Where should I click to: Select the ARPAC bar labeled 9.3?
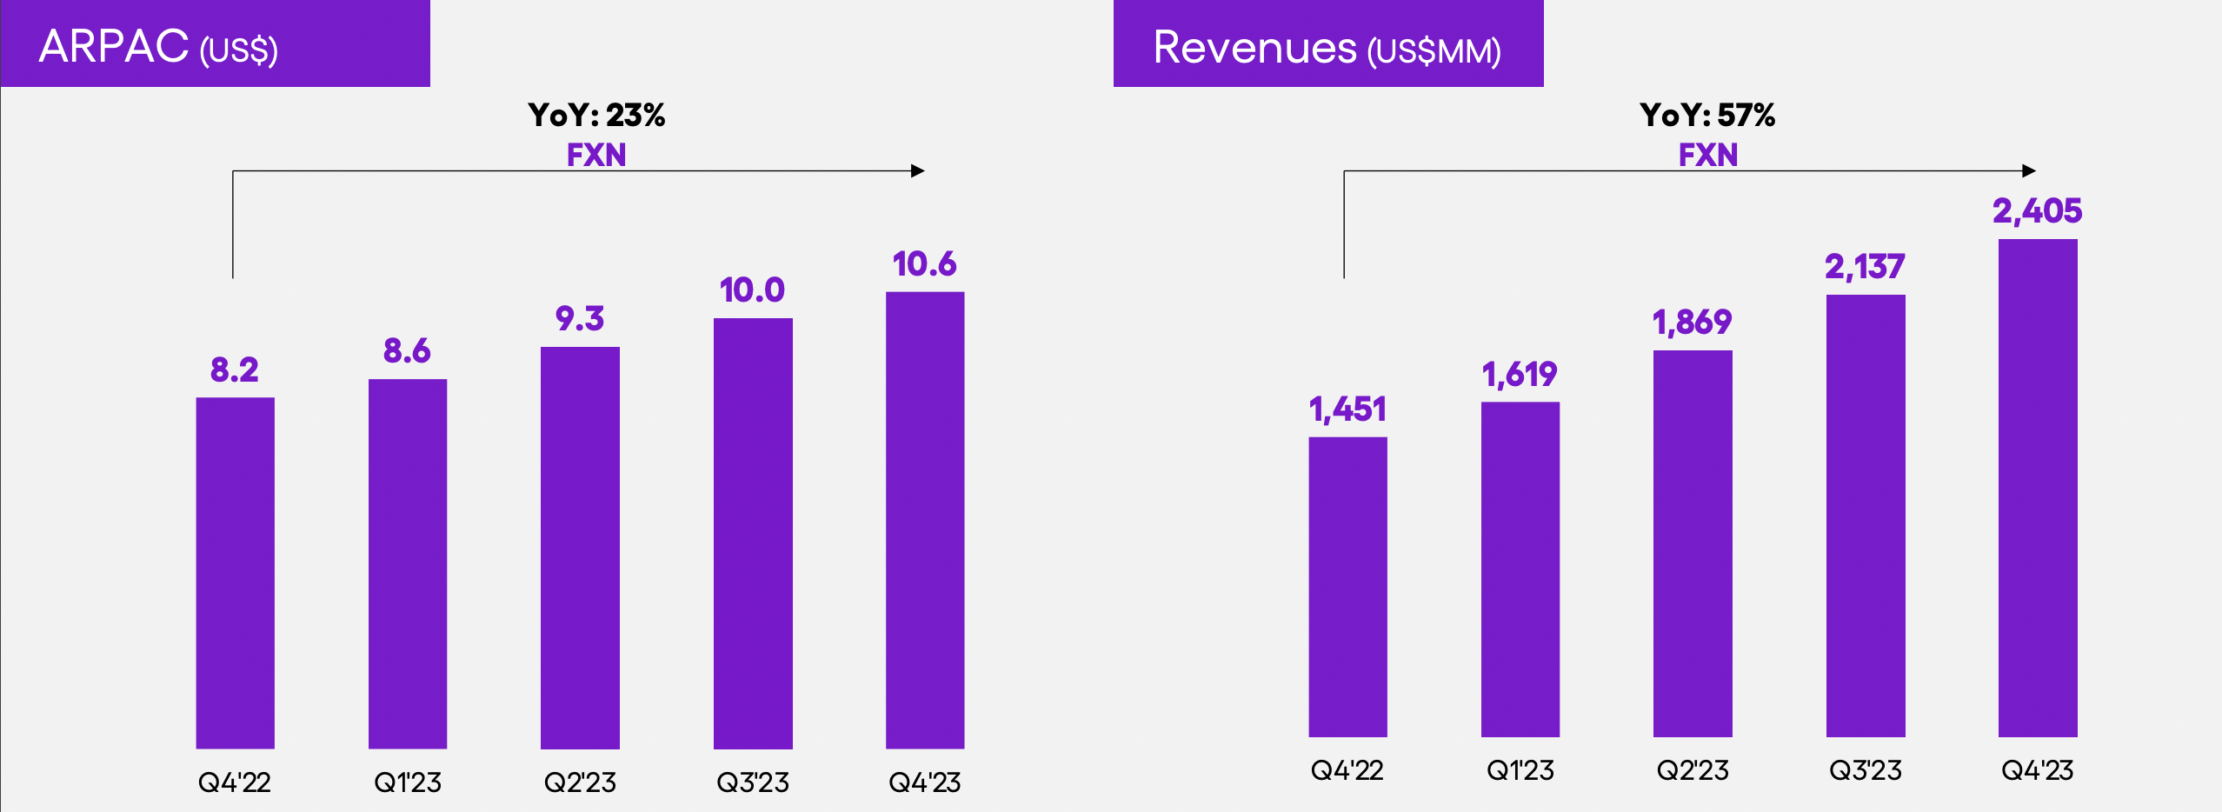(580, 547)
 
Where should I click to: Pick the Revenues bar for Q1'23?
(1520, 569)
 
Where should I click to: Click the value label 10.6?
(924, 264)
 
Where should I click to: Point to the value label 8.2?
(235, 370)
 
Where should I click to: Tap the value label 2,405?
(2037, 211)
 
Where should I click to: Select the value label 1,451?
(1347, 409)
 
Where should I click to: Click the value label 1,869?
(1692, 323)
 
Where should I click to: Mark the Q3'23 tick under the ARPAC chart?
(752, 782)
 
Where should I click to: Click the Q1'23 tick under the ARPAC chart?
(407, 782)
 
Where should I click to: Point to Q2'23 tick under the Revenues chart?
(1692, 770)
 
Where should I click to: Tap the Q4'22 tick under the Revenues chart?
(1347, 770)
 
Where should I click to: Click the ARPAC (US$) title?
(158, 47)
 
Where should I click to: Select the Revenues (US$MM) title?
(1327, 48)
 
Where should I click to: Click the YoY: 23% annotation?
(596, 115)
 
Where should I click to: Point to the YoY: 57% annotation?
(1707, 115)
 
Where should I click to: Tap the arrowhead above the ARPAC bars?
(918, 171)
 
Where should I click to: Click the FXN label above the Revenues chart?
(1707, 155)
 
